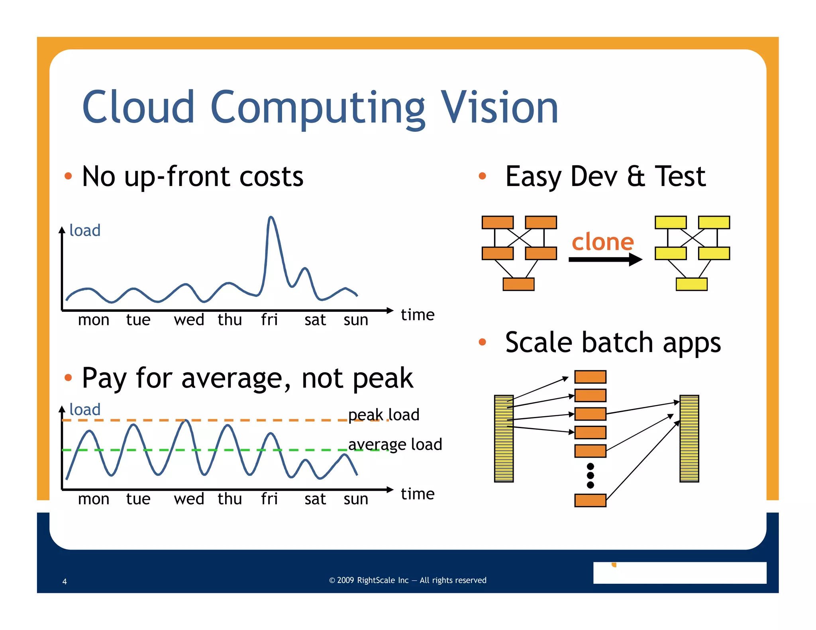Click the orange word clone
(x=602, y=242)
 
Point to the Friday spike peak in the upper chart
(x=271, y=217)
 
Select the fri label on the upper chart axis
(x=269, y=320)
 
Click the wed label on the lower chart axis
(x=189, y=499)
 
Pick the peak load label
(x=384, y=415)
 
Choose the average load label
(x=395, y=444)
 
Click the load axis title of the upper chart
(x=85, y=231)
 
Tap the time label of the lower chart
(x=418, y=494)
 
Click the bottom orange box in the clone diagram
(x=518, y=284)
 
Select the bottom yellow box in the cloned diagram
(x=691, y=284)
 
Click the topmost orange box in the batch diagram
(x=590, y=377)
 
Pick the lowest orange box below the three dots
(x=590, y=500)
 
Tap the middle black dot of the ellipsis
(x=590, y=475)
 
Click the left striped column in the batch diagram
(x=504, y=438)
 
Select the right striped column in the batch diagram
(x=689, y=438)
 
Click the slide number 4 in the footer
(x=65, y=581)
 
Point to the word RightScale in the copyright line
(x=382, y=580)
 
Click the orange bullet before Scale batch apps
(x=482, y=342)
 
